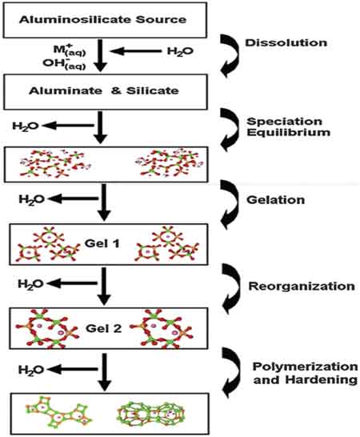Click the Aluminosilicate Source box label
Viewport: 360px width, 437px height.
pyautogui.click(x=102, y=19)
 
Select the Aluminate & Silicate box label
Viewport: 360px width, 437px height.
pyautogui.click(x=104, y=91)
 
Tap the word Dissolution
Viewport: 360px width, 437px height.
pyautogui.click(x=286, y=42)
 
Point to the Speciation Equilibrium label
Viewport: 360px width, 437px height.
pyautogui.click(x=288, y=126)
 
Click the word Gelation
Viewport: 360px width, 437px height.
pyautogui.click(x=275, y=200)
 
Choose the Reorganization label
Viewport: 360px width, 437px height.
pyautogui.click(x=302, y=287)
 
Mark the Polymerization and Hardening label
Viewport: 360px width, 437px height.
pyautogui.click(x=305, y=373)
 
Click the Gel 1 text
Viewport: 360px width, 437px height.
pyautogui.click(x=102, y=243)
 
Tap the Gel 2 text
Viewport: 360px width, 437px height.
pyautogui.click(x=104, y=328)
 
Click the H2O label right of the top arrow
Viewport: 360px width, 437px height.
pyautogui.click(x=180, y=51)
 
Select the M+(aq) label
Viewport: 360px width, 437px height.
pyautogui.click(x=70, y=50)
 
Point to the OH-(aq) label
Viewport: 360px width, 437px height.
pyautogui.click(x=64, y=64)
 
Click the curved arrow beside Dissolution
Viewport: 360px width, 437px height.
pyautogui.click(x=230, y=56)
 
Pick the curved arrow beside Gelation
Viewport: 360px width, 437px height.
pyautogui.click(x=230, y=204)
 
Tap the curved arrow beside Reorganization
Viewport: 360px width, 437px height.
pyautogui.click(x=231, y=288)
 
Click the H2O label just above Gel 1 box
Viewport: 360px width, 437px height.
pyautogui.click(x=31, y=199)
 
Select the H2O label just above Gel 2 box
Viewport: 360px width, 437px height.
pyautogui.click(x=30, y=284)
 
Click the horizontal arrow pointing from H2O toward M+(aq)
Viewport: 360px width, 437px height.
pyautogui.click(x=136, y=51)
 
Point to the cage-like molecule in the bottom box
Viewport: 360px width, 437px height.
pyautogui.click(x=150, y=413)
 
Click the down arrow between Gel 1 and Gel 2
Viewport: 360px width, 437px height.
pyautogui.click(x=105, y=287)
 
